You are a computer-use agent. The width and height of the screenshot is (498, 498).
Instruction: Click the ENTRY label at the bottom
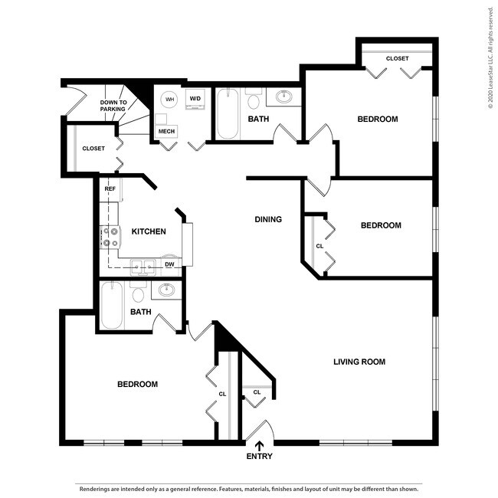point(259,457)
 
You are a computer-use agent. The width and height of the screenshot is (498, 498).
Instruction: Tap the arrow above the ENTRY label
point(259,444)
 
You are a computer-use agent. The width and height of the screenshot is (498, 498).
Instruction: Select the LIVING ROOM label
point(359,362)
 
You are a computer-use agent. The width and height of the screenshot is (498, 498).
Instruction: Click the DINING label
point(268,220)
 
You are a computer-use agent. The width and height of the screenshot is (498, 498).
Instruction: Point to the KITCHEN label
point(149,231)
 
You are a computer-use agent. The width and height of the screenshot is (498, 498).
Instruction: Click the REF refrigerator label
point(110,188)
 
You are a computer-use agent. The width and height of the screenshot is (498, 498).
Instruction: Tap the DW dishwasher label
point(169,264)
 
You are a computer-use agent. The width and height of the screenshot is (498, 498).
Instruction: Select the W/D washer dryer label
point(195,99)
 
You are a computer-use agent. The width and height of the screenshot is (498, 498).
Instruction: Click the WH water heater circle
point(170,100)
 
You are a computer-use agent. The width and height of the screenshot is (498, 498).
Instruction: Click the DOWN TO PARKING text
point(113,106)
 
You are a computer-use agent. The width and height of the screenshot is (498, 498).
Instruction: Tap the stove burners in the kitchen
point(110,238)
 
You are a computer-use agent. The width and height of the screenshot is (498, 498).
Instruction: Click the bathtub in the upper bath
point(227,115)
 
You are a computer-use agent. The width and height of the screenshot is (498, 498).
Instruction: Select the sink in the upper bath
point(283,97)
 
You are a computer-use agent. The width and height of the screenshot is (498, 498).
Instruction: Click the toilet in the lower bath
point(139,293)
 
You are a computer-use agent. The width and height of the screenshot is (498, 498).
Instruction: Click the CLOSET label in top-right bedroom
point(397,59)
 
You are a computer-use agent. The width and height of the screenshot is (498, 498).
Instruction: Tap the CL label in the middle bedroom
point(319,246)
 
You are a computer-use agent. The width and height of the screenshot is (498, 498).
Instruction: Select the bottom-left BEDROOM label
point(137,384)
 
